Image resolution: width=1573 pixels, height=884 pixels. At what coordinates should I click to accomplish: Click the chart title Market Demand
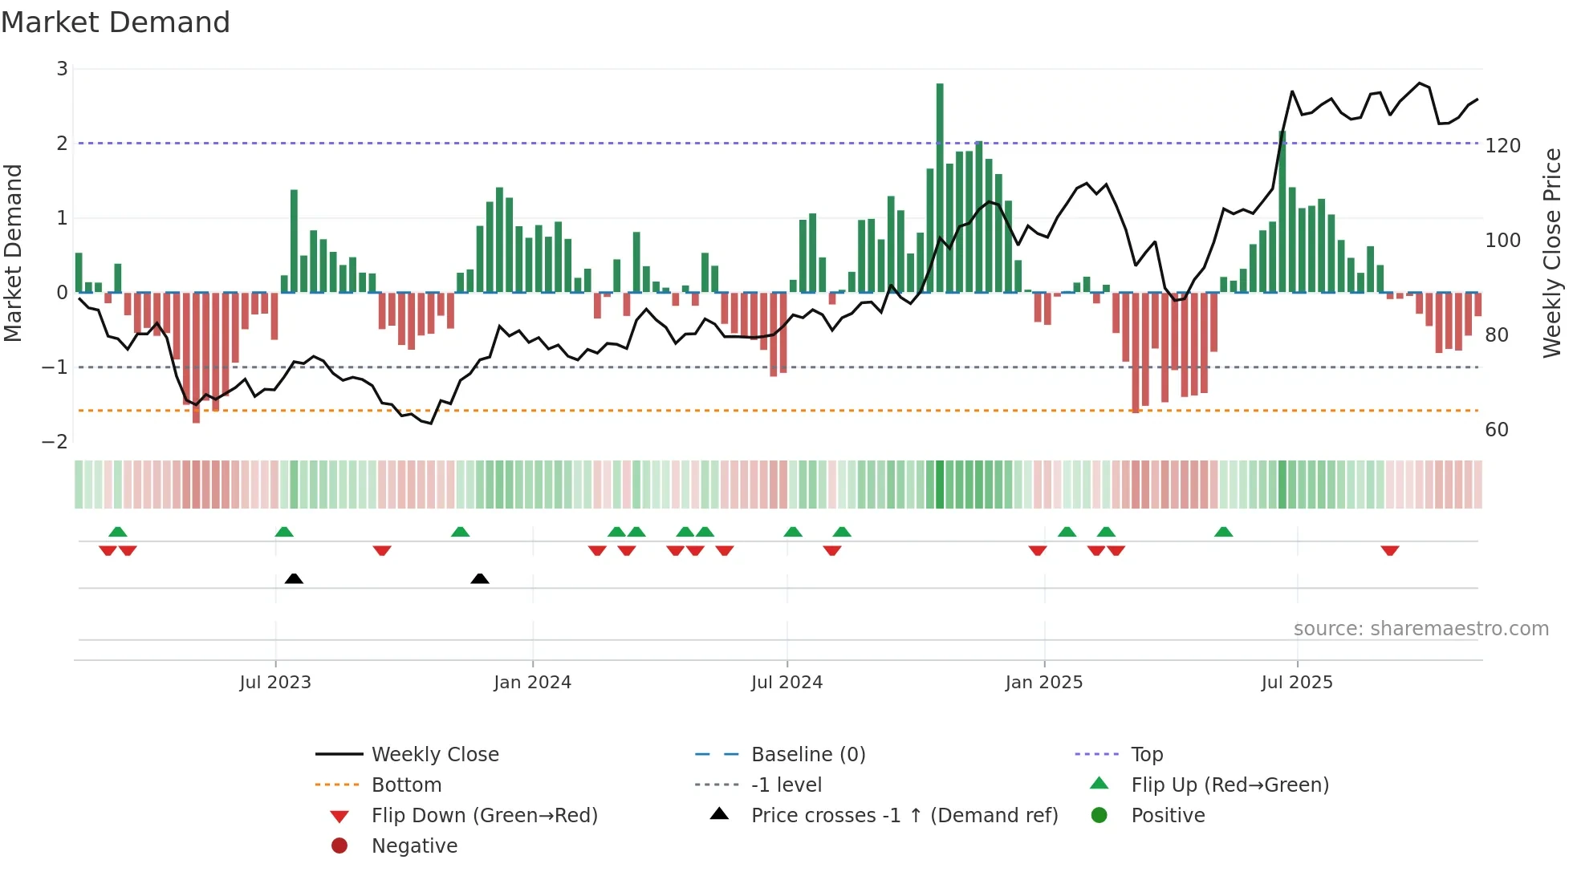pyautogui.click(x=116, y=22)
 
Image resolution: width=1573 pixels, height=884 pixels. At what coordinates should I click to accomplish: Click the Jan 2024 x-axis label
pyautogui.click(x=532, y=683)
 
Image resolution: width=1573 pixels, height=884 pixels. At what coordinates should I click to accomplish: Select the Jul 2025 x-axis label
pyautogui.click(x=1296, y=683)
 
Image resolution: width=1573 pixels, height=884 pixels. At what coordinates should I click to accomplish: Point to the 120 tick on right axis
pyautogui.click(x=1502, y=146)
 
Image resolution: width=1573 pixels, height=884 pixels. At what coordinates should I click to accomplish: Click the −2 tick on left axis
pyautogui.click(x=55, y=442)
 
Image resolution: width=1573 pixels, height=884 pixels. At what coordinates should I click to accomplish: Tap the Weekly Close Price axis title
pyautogui.click(x=1552, y=253)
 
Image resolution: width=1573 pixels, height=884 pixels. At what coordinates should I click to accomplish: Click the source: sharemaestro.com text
pyautogui.click(x=1421, y=629)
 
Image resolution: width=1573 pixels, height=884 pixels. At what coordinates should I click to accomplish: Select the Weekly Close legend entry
pyautogui.click(x=434, y=755)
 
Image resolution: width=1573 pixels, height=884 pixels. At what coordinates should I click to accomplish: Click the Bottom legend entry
pyautogui.click(x=406, y=785)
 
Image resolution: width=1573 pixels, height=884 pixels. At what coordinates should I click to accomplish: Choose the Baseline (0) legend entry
pyautogui.click(x=807, y=755)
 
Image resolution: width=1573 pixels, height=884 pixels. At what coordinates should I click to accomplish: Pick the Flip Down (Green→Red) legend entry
pyautogui.click(x=484, y=816)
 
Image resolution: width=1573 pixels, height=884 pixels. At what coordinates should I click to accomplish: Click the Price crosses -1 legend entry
pyautogui.click(x=904, y=816)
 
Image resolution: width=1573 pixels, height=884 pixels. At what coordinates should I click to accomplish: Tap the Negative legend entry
pyautogui.click(x=414, y=846)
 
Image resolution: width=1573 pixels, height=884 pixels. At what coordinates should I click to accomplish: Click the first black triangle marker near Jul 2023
pyautogui.click(x=294, y=578)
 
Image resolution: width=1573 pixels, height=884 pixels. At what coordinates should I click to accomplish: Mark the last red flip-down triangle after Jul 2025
pyautogui.click(x=1390, y=550)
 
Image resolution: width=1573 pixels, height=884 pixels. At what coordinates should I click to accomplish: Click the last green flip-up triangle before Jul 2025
pyautogui.click(x=1223, y=532)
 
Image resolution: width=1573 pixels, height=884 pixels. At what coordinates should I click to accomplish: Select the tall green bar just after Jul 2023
pyautogui.click(x=294, y=241)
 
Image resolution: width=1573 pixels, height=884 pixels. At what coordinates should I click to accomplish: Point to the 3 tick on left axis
pyautogui.click(x=62, y=69)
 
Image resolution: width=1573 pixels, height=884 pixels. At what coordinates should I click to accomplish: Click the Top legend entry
pyautogui.click(x=1146, y=755)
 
